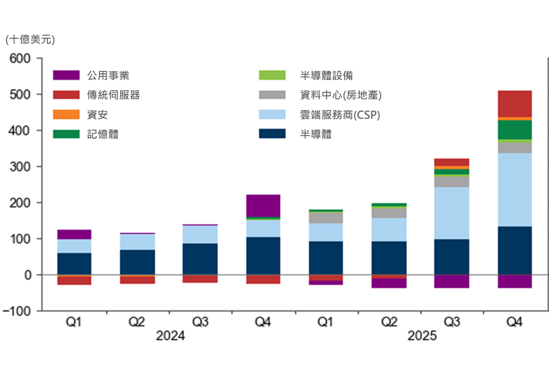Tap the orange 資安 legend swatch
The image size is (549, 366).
tap(66, 115)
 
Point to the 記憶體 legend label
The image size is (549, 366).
tap(102, 135)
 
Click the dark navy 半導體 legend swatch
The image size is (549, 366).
tap(272, 134)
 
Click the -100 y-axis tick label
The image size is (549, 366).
tap(18, 311)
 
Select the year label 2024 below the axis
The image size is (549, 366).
tap(170, 336)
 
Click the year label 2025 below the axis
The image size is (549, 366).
tap(422, 336)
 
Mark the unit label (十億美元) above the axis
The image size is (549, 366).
tap(30, 40)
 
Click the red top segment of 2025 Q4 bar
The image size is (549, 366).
tap(515, 103)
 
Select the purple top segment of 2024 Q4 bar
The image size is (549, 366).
tap(263, 205)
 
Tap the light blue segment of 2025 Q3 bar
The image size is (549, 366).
tap(452, 213)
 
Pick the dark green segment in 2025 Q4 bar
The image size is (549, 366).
tap(515, 129)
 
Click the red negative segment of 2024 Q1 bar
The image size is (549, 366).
tap(74, 280)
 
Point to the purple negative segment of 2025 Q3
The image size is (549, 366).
tap(452, 281)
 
